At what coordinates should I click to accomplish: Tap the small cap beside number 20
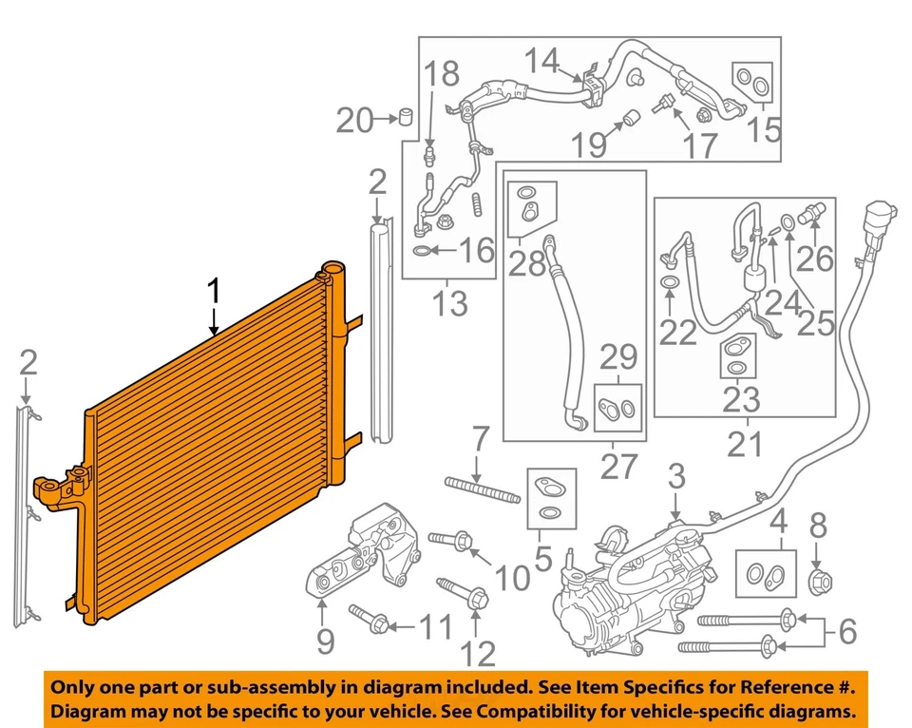pos(405,118)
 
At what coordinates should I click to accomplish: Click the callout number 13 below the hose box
pos(448,304)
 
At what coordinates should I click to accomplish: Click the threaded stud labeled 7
pos(482,490)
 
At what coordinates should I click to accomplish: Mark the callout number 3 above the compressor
pos(675,475)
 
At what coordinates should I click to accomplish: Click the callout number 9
pos(325,643)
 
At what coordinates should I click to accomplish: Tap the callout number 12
pos(479,653)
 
